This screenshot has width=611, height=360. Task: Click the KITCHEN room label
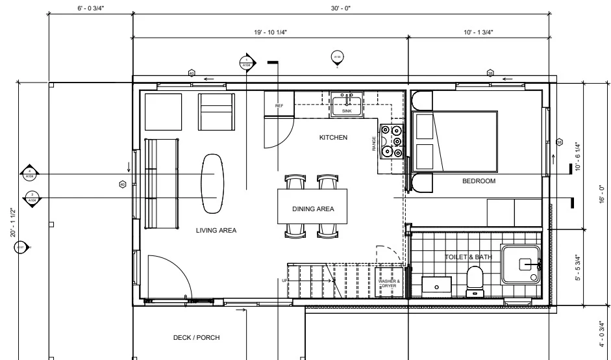coord(333,138)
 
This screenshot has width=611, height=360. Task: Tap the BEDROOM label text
coord(479,181)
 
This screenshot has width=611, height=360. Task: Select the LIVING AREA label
coord(216,230)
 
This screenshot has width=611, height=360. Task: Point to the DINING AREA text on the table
coord(312,209)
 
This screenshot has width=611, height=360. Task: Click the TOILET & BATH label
coord(468,257)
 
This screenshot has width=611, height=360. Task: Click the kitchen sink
coord(347,103)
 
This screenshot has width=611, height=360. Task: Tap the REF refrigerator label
coord(279,105)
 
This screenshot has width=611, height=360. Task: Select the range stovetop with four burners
coord(392,141)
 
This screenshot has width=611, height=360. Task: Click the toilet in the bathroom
coord(474,281)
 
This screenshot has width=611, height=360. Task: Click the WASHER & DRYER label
coord(388,283)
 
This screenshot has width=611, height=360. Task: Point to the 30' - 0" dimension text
coord(340,8)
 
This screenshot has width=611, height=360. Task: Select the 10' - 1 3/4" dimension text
coord(479,31)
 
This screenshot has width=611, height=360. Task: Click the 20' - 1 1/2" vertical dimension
coord(13,223)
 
